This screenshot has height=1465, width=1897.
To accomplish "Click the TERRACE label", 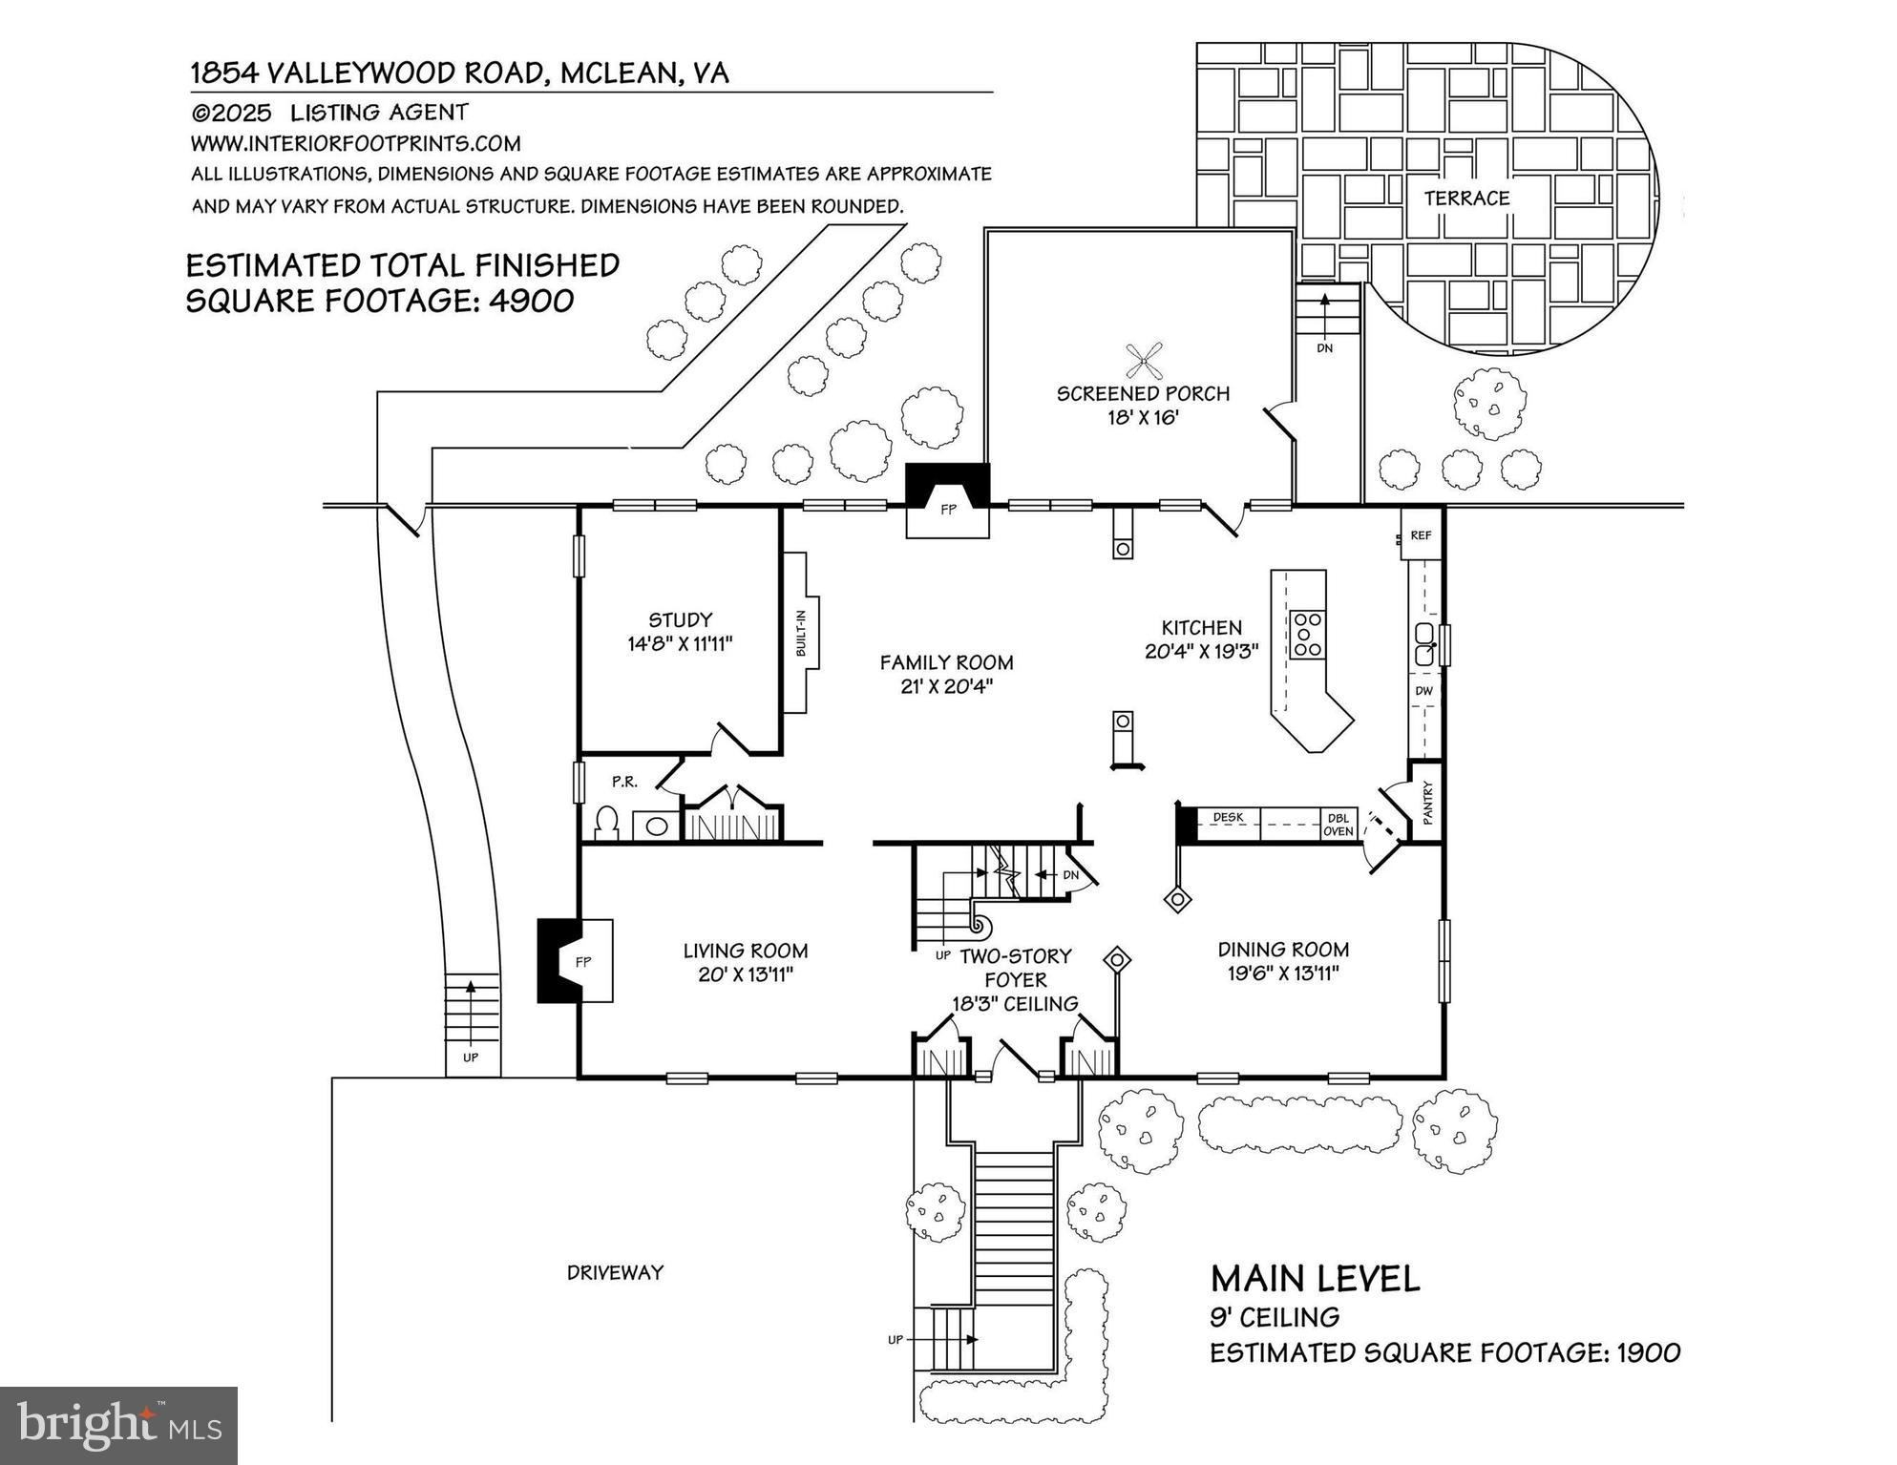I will point(1466,199).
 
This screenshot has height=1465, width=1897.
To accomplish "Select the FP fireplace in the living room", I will point(576,961).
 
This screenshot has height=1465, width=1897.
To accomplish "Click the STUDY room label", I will point(680,619).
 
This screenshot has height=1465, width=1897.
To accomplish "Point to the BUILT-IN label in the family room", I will point(801,633).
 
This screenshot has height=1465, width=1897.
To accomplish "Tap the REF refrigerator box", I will point(1421,535).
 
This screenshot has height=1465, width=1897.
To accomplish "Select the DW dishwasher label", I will point(1423,690).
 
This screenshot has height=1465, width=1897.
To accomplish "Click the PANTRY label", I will point(1428,803).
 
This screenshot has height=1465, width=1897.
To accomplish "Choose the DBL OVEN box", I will point(1338,825).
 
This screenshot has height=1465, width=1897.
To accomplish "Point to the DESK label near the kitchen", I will point(1228,817).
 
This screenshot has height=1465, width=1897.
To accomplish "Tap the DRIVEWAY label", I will point(615,1272).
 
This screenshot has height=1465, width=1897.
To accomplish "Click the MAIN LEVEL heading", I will point(1315,1279).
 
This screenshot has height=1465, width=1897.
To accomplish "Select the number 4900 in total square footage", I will point(531,301).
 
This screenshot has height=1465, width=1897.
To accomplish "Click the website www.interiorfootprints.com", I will point(355,143).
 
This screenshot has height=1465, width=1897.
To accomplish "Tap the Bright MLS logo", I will point(118,1425).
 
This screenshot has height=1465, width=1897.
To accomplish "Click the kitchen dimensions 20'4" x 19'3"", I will point(1201,652).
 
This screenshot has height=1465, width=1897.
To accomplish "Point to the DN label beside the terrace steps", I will point(1324,348).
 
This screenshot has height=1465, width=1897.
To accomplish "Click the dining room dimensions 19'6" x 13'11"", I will point(1283,973).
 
